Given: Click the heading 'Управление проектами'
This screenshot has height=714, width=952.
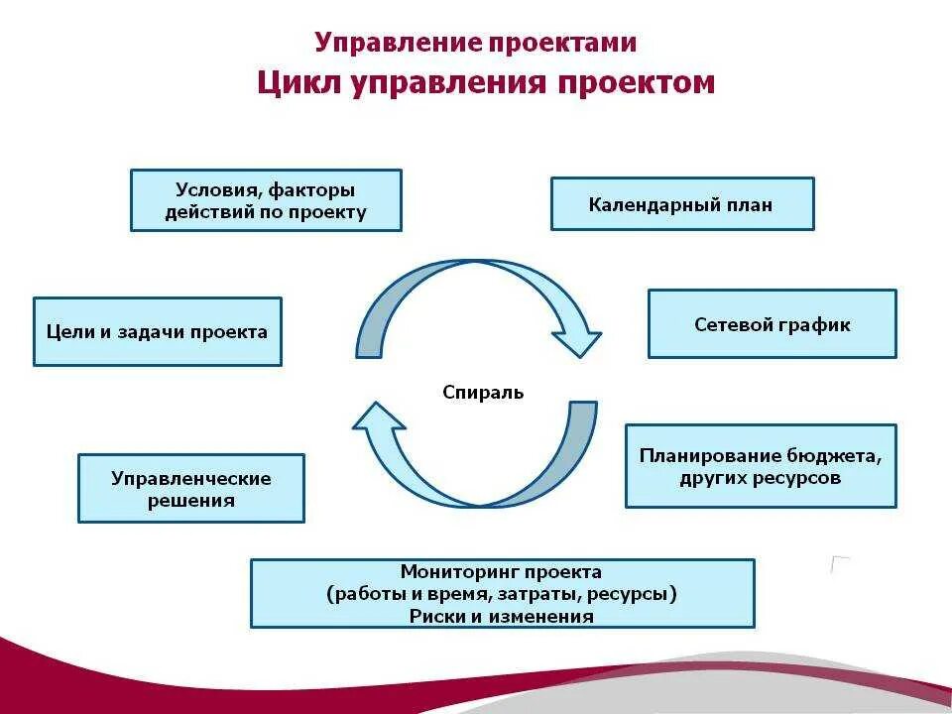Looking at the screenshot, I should [476, 43].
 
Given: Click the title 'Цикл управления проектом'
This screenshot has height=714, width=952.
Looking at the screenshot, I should [486, 82].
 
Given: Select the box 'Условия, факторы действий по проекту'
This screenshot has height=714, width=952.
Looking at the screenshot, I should [266, 200].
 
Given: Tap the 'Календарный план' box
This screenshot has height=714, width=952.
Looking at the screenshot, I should [681, 204].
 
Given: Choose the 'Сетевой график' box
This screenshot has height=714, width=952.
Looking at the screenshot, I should [772, 324].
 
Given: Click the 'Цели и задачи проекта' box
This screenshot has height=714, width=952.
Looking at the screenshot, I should [157, 332].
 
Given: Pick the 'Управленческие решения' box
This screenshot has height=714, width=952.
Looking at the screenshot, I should [190, 489].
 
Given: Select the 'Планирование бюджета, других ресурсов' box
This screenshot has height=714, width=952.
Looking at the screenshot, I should [761, 466].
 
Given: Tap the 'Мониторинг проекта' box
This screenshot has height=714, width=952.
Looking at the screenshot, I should [502, 593].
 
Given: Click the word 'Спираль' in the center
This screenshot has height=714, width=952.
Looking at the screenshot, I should [483, 392].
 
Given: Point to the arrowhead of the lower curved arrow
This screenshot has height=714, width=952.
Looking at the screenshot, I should [377, 417].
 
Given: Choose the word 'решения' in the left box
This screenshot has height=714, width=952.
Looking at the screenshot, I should [191, 501].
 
